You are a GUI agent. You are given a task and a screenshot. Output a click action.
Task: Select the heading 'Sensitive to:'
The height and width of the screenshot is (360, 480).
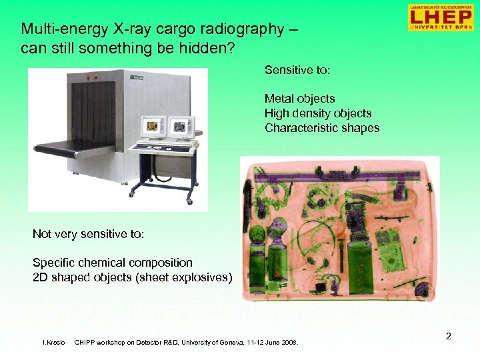(297, 69)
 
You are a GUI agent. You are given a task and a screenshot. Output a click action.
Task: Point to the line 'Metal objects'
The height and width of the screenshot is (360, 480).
(299, 99)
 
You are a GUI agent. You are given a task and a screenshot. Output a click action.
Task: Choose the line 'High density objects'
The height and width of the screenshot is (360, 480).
(317, 113)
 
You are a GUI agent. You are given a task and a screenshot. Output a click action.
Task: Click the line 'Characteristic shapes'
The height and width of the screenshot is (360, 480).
(321, 128)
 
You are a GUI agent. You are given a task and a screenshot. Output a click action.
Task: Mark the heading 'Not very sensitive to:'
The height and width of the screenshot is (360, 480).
(88, 234)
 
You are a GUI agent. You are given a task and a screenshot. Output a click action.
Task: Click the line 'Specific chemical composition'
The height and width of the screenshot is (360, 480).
(112, 263)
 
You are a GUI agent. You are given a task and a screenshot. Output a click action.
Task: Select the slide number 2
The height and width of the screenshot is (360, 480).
(449, 337)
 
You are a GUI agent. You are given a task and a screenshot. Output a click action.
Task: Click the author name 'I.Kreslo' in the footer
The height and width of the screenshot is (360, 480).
(54, 343)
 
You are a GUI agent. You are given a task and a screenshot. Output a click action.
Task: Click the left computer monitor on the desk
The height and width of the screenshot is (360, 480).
(153, 125)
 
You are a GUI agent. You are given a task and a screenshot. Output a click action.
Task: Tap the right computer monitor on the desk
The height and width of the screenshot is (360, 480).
(180, 125)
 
